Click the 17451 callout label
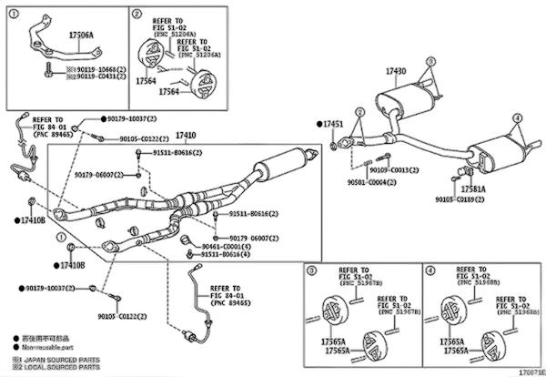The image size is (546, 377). (x=333, y=122)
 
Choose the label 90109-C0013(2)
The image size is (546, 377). (x=394, y=169)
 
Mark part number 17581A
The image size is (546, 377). (x=470, y=188)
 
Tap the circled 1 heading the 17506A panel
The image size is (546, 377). (x=12, y=15)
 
